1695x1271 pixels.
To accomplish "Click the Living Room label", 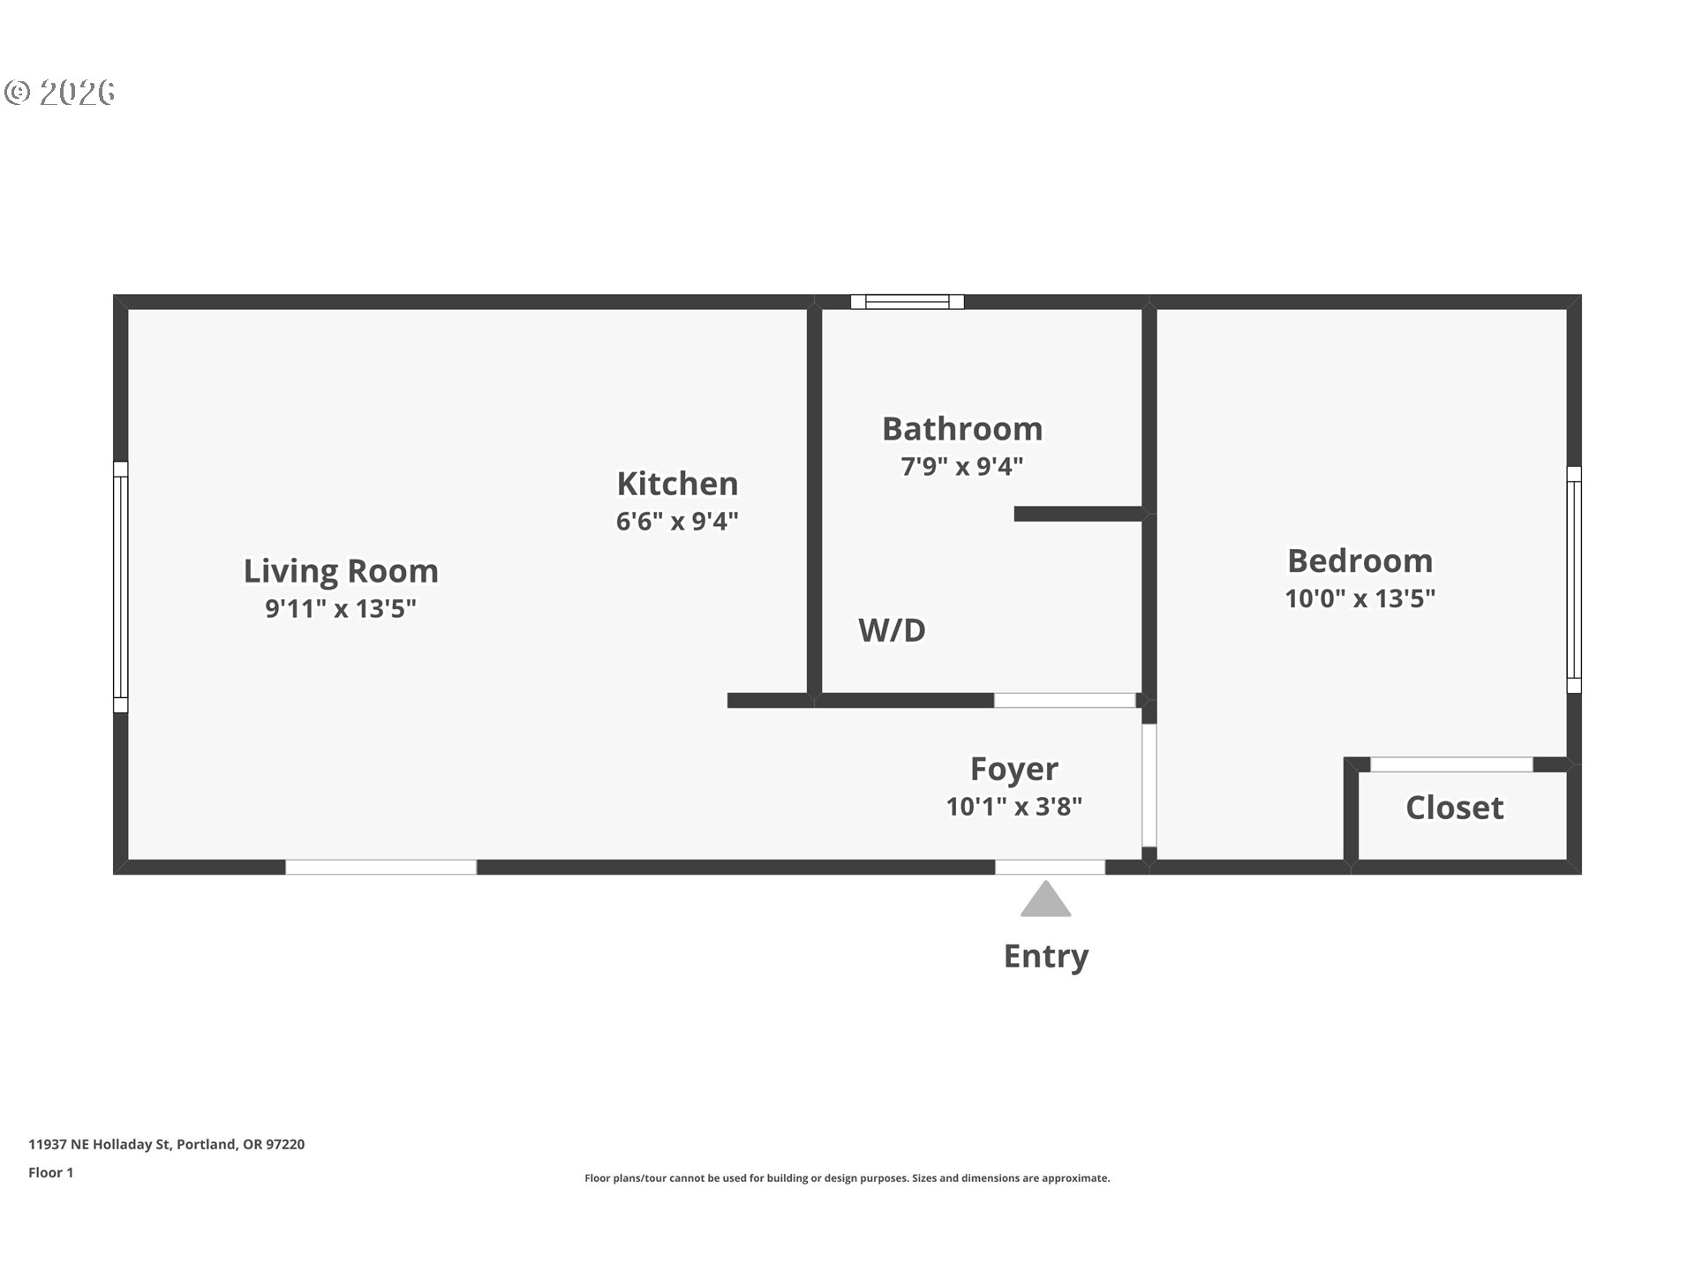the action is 341,571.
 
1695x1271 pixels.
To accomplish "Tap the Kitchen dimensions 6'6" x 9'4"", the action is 677,521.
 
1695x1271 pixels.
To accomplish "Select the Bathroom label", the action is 962,429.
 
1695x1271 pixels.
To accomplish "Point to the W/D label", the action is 892,630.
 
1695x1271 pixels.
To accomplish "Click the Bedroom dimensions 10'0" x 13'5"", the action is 1360,598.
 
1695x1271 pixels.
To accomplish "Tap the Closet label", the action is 1454,808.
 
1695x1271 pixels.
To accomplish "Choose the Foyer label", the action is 1014,769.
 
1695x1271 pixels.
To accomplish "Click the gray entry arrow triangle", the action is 1046,899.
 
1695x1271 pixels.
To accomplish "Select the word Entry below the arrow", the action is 1046,956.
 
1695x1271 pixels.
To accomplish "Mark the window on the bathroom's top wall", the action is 908,302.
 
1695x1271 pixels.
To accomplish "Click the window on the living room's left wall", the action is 121,587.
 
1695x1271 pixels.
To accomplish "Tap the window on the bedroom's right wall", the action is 1574,580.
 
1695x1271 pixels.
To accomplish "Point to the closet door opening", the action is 1451,764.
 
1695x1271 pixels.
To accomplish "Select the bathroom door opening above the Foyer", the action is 1065,701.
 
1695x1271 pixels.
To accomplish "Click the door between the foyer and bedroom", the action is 1149,786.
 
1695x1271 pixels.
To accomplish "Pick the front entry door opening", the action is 1051,868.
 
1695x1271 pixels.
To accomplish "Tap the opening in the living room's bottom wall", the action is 381,868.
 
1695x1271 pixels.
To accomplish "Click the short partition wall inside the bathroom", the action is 1079,514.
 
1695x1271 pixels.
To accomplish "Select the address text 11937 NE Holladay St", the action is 101,1145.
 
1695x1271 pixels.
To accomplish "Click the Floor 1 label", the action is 51,1173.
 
